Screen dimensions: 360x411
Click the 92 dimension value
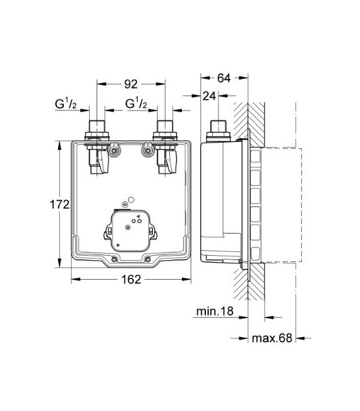pyautogui.click(x=131, y=84)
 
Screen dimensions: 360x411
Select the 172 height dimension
pyautogui.click(x=59, y=205)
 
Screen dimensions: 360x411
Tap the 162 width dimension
pyautogui.click(x=131, y=280)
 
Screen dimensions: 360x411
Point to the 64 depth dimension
pyautogui.click(x=224, y=78)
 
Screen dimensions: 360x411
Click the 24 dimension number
pyautogui.click(x=209, y=96)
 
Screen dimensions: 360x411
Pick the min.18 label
pyautogui.click(x=215, y=311)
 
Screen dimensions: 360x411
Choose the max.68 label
pyautogui.click(x=272, y=338)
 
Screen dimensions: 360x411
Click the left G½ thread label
pyautogui.click(x=66, y=104)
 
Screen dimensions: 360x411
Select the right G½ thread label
pyautogui.click(x=136, y=104)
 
